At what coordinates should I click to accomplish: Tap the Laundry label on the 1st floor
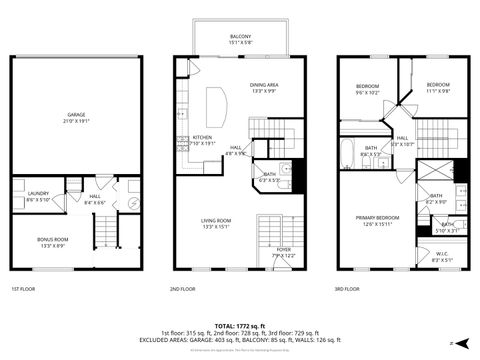click(39, 197)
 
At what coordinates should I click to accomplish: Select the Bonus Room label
click(52, 242)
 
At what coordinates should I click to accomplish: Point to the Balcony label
click(240, 39)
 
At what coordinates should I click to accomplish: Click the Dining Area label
click(264, 88)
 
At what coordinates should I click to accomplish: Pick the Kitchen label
click(202, 140)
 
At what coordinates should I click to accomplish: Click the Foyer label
click(284, 252)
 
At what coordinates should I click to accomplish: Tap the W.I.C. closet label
click(441, 256)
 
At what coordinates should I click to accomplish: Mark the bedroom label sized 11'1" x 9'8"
click(438, 88)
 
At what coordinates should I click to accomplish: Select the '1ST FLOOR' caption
click(23, 290)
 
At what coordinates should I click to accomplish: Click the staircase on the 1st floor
click(107, 234)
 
